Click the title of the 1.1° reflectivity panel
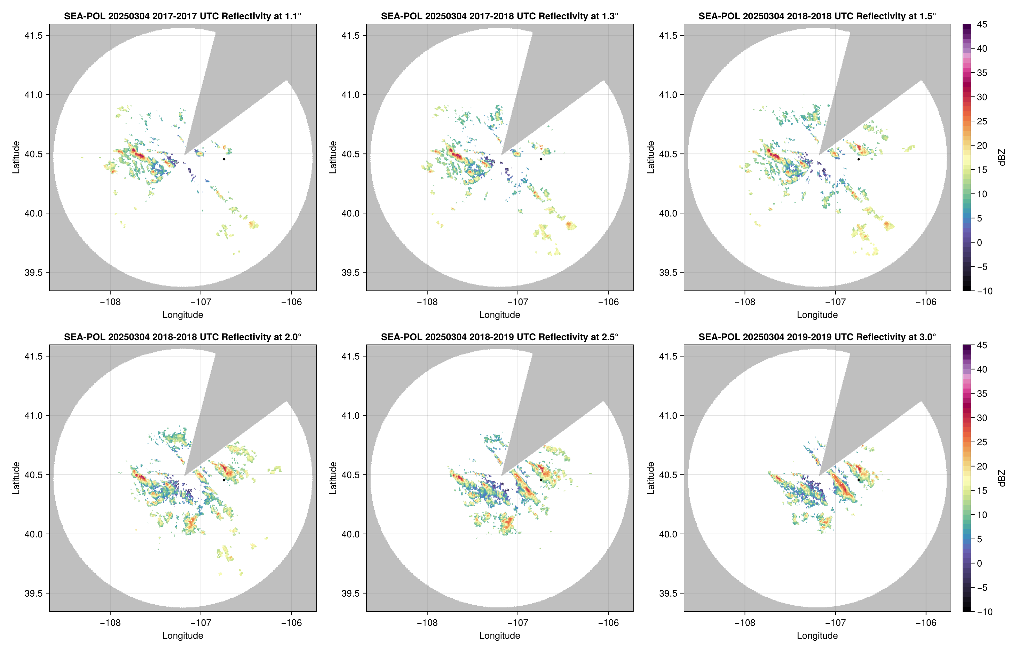(183, 16)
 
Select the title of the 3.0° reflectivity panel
(817, 337)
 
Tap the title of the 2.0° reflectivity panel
(183, 337)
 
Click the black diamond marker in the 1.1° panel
(224, 159)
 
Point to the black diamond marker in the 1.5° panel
(859, 159)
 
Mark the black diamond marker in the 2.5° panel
(541, 480)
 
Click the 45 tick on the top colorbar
(982, 25)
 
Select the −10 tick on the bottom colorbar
(984, 612)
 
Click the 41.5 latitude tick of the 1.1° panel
(34, 35)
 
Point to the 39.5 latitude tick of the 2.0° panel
(34, 593)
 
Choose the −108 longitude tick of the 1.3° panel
(427, 302)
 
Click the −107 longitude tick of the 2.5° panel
(518, 623)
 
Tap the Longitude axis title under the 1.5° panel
(817, 315)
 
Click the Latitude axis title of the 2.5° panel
(333, 478)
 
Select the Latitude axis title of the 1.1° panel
(16, 157)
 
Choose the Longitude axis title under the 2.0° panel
(183, 636)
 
